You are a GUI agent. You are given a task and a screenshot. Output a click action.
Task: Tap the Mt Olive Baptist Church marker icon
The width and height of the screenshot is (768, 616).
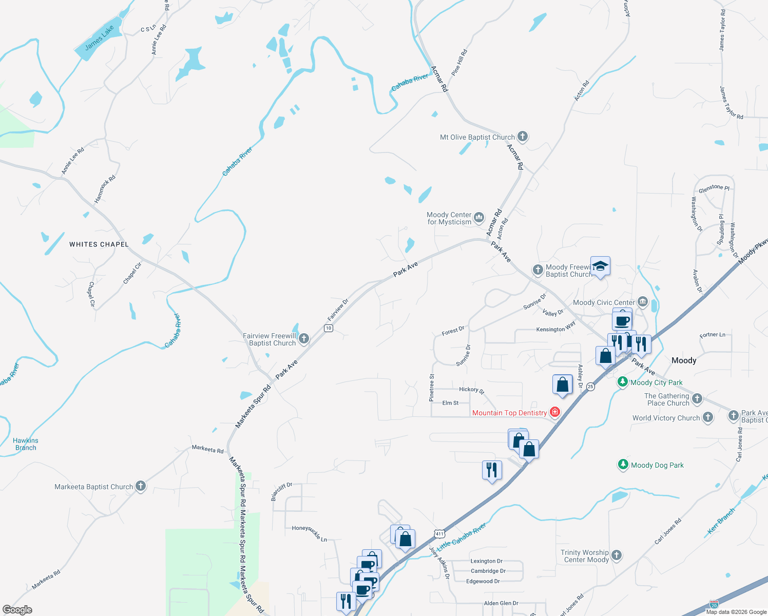point(523,137)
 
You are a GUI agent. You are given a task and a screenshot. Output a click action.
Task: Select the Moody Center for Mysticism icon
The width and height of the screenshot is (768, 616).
point(478,218)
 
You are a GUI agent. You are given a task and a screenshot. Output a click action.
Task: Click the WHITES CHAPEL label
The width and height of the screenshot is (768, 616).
point(99,244)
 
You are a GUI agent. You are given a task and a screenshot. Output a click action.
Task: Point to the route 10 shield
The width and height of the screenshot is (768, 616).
point(329,328)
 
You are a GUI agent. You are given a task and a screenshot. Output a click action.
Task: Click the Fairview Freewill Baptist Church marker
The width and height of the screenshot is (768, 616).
point(304,338)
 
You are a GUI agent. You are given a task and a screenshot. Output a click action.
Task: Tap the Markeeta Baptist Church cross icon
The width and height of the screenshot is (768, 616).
point(141,486)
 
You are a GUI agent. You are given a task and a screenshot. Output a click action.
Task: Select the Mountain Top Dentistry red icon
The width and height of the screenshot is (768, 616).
point(554,412)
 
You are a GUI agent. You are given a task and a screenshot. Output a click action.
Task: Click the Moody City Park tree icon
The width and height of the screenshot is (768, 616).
point(623,381)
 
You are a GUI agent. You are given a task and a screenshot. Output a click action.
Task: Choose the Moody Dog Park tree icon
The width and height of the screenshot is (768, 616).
point(623,465)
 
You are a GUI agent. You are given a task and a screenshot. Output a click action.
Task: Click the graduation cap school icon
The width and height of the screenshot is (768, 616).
point(600,266)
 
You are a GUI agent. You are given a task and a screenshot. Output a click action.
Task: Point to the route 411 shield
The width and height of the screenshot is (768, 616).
point(439,534)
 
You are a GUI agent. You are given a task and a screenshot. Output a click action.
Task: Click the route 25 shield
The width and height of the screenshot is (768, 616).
point(590,387)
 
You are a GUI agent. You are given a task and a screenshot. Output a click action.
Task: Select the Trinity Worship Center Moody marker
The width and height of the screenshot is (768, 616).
point(617,555)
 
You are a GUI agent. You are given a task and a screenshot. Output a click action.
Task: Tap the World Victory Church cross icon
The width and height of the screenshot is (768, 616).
point(708,417)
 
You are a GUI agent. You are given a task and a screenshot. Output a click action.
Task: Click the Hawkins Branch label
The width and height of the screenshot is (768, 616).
point(26,444)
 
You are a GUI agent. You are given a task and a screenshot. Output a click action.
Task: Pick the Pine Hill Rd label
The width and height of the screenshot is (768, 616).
point(459,63)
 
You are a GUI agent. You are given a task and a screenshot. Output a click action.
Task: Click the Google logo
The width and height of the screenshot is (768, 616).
point(17,610)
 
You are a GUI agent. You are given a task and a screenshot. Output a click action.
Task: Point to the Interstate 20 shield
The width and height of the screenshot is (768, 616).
point(714,605)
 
